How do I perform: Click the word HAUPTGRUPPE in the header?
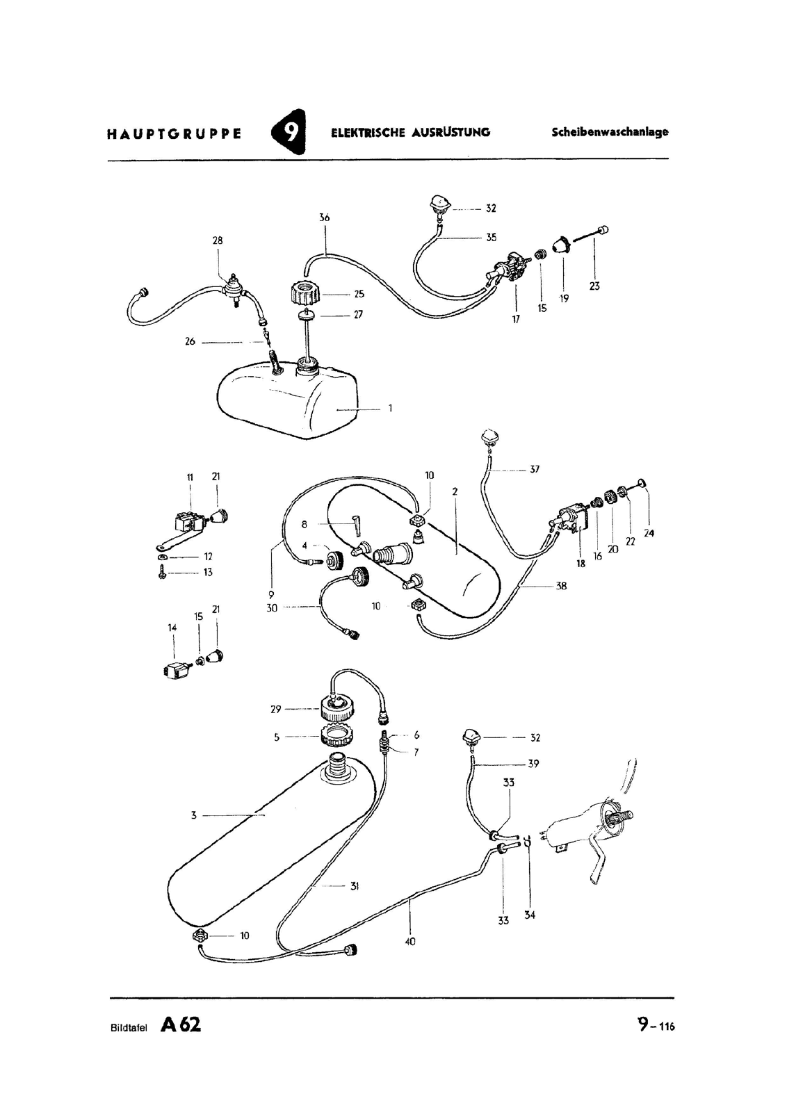pos(174,134)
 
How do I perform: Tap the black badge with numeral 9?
pos(289,131)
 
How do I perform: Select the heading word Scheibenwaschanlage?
pos(610,132)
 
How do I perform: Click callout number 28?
pos(218,240)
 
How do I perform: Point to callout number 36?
pos(325,218)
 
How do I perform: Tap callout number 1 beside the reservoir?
pos(390,408)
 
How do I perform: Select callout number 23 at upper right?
pos(594,286)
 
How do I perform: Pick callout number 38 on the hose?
pos(561,586)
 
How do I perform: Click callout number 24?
pos(649,533)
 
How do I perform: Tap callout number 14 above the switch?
pos(172,628)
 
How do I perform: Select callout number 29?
pos(275,710)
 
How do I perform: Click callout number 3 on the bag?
pos(194,815)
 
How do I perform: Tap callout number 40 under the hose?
pos(410,942)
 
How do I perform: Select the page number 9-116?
pos(656,1025)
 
